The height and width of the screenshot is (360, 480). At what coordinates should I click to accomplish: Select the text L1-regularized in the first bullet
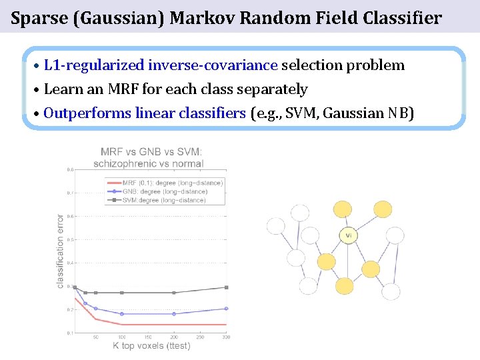coord(94,65)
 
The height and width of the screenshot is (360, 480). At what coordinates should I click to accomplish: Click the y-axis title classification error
coord(61,251)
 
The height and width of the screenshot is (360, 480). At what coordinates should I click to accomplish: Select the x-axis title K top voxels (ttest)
coord(151,345)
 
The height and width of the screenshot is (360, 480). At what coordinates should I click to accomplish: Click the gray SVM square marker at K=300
coord(226,287)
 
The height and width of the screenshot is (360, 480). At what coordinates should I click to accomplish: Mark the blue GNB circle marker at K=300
coord(226,309)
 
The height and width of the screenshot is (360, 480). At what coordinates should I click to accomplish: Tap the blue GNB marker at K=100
coord(122,314)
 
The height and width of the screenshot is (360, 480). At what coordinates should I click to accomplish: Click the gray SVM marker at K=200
coord(174,293)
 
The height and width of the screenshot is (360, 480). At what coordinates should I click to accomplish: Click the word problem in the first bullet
coord(379,65)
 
